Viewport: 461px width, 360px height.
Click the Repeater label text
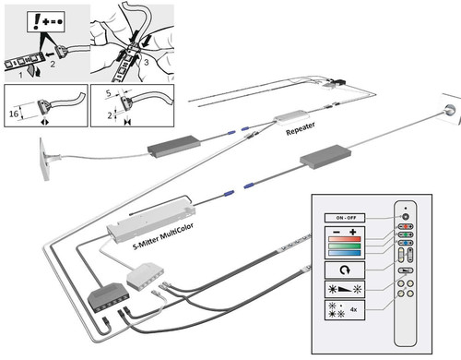pyautogui.click(x=301, y=128)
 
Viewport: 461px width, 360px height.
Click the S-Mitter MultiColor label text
pyautogui.click(x=163, y=236)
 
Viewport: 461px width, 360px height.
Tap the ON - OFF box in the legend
pyautogui.click(x=345, y=218)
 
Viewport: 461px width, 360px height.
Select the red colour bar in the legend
pyautogui.click(x=344, y=239)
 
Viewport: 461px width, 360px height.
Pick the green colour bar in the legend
pyautogui.click(x=344, y=246)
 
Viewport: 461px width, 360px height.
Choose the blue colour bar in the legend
pyautogui.click(x=344, y=253)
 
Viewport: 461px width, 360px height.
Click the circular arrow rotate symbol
pyautogui.click(x=345, y=270)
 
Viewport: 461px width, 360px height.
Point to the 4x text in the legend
pyautogui.click(x=353, y=309)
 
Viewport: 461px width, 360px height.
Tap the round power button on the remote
pyautogui.click(x=406, y=217)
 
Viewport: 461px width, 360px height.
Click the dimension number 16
pyautogui.click(x=14, y=114)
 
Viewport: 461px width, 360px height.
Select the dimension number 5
pyautogui.click(x=108, y=93)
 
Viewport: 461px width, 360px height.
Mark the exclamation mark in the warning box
pyautogui.click(x=37, y=22)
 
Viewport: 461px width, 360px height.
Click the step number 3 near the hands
pyautogui.click(x=147, y=62)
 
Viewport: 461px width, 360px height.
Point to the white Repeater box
pyautogui.click(x=291, y=117)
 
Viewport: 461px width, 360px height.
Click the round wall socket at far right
pyautogui.click(x=449, y=109)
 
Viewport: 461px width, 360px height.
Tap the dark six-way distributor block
pyautogui.click(x=109, y=297)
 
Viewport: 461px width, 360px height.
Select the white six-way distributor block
pyautogui.click(x=146, y=276)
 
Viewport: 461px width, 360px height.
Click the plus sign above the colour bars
pyautogui.click(x=352, y=232)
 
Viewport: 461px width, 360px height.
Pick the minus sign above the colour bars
pyautogui.click(x=337, y=232)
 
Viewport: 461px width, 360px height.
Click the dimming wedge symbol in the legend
pyautogui.click(x=345, y=289)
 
